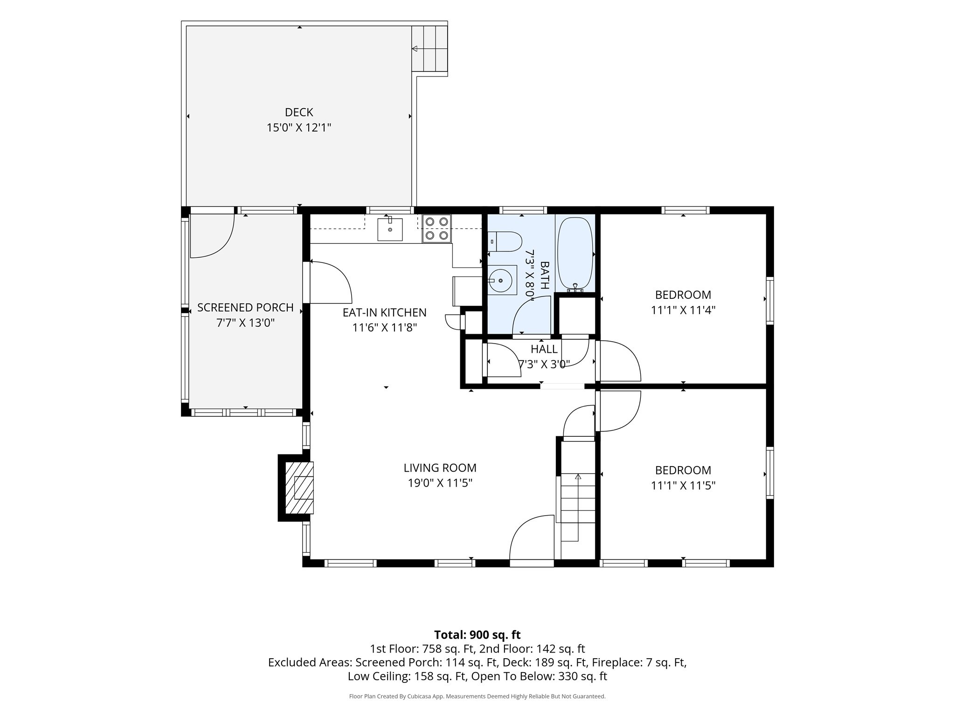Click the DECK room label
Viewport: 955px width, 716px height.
[x=299, y=112]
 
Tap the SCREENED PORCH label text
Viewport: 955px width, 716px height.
[x=245, y=308]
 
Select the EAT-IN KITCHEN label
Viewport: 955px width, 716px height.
[x=384, y=312]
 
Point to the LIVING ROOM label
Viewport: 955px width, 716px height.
[x=440, y=468]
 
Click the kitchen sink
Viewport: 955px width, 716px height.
[x=390, y=229]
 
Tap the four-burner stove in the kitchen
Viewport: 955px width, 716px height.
[x=436, y=228]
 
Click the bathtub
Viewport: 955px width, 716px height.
[x=575, y=254]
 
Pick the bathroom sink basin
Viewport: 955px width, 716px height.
[x=502, y=280]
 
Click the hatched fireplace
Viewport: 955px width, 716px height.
[x=299, y=488]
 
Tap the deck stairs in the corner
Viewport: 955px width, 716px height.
[x=429, y=48]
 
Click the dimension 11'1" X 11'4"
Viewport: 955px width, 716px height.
[x=683, y=310]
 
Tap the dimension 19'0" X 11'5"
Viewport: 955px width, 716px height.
[x=440, y=483]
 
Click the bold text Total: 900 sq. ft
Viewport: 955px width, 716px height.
[x=477, y=635]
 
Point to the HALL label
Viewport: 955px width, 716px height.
[x=544, y=349]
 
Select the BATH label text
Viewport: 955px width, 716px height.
[x=544, y=275]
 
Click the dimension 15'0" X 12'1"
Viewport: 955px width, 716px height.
[x=299, y=127]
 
